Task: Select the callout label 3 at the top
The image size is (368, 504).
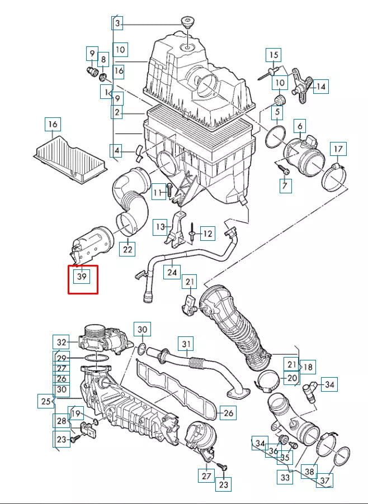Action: tap(117, 23)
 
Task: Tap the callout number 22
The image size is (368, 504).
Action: tap(128, 249)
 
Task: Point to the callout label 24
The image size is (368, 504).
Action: tap(172, 272)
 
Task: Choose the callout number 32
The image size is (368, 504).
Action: tap(61, 342)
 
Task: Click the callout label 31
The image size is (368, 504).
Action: tap(186, 344)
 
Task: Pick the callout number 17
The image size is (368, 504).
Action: tap(338, 149)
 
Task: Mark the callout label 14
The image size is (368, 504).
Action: tap(320, 87)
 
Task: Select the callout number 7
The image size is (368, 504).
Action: tap(285, 186)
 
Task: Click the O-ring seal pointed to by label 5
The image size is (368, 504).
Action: tap(275, 137)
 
